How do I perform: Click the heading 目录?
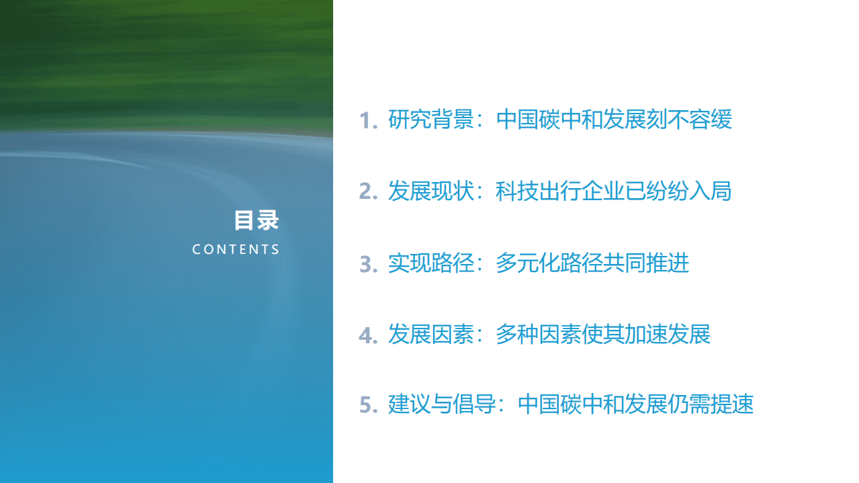coord(256,220)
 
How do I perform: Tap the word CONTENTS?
coord(236,249)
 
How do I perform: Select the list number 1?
coord(368,121)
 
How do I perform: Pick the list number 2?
coord(368,192)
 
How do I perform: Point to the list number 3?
coord(368,264)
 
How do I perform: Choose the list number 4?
coord(368,335)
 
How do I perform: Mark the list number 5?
coord(368,406)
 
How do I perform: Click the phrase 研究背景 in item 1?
coord(431,120)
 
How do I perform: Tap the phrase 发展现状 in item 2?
coord(431,191)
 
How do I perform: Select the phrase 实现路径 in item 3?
coord(431,263)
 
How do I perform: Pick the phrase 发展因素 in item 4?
coord(431,334)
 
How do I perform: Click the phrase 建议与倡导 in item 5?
coord(441,404)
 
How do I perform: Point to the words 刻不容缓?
coord(690,120)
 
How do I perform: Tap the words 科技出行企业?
coord(560,191)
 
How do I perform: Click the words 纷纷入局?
coord(689,191)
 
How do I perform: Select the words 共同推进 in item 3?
coord(646,263)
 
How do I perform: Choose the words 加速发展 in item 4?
coord(668,334)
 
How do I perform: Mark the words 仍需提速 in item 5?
coord(711,404)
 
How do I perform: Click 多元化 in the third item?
coord(528,263)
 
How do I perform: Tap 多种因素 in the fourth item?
coord(539,334)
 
